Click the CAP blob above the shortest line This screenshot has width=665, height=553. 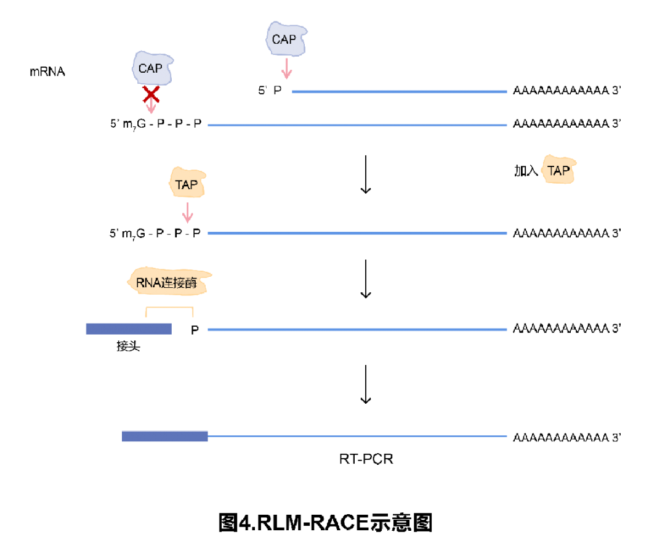click(286, 39)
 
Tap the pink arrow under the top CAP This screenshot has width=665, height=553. click(286, 68)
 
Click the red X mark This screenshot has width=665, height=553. click(151, 94)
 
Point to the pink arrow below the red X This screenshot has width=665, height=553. click(151, 108)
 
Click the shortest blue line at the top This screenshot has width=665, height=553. click(399, 92)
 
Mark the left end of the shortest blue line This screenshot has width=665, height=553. click(293, 92)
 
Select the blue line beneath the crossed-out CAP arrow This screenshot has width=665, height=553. click(357, 125)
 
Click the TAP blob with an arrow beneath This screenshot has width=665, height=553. click(187, 183)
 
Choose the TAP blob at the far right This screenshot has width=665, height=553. click(558, 170)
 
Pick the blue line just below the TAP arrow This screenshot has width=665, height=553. click(357, 233)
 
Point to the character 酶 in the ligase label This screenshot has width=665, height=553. click(190, 283)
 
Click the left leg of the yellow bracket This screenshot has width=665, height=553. click(146, 312)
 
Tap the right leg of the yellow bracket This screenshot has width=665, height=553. click(193, 312)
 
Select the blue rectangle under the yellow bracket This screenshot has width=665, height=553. click(128, 329)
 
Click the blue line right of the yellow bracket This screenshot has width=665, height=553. click(357, 330)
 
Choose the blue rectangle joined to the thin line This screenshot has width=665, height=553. click(164, 436)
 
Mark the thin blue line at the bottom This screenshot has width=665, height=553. click(357, 436)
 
